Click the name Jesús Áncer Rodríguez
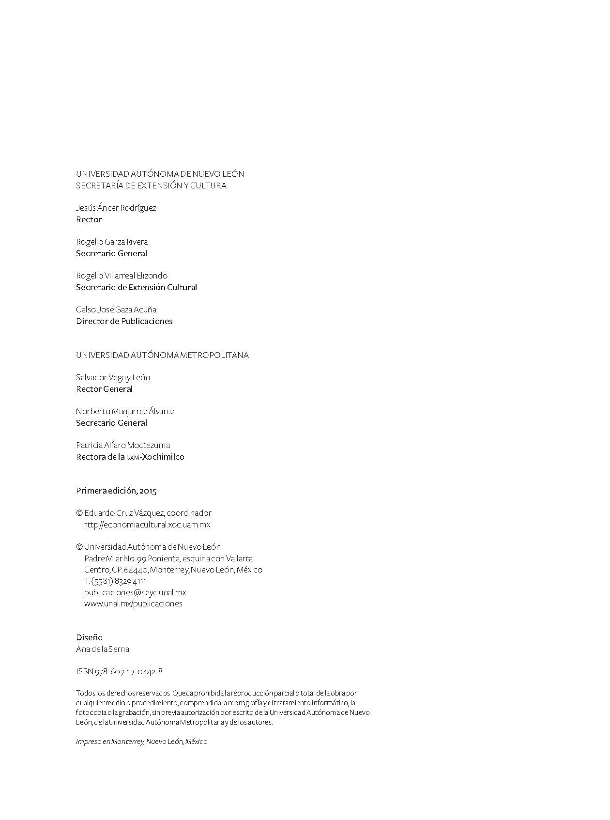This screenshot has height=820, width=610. click(x=116, y=208)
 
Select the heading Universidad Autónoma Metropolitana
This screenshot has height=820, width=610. click(x=162, y=355)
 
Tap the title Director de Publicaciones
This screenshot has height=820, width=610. click(x=124, y=321)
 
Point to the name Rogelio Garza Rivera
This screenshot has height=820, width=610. click(x=112, y=242)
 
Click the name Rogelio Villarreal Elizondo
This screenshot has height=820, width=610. click(x=122, y=276)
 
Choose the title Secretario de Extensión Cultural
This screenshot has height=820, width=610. click(x=136, y=287)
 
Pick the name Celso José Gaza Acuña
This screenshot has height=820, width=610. click(x=116, y=309)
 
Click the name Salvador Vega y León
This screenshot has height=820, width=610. click(x=113, y=377)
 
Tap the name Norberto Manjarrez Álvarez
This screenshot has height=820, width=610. click(x=125, y=411)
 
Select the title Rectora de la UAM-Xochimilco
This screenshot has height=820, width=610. click(x=130, y=457)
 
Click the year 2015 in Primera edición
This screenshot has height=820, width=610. click(x=148, y=491)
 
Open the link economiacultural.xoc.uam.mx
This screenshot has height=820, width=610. click(x=147, y=525)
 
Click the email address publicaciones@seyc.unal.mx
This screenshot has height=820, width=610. click(x=135, y=592)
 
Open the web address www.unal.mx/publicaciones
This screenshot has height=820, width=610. click(x=133, y=603)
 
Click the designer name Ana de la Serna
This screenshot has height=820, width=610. click(x=103, y=649)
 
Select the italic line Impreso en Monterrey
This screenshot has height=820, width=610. click(x=141, y=742)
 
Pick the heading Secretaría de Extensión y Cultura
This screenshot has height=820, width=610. click(x=151, y=186)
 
